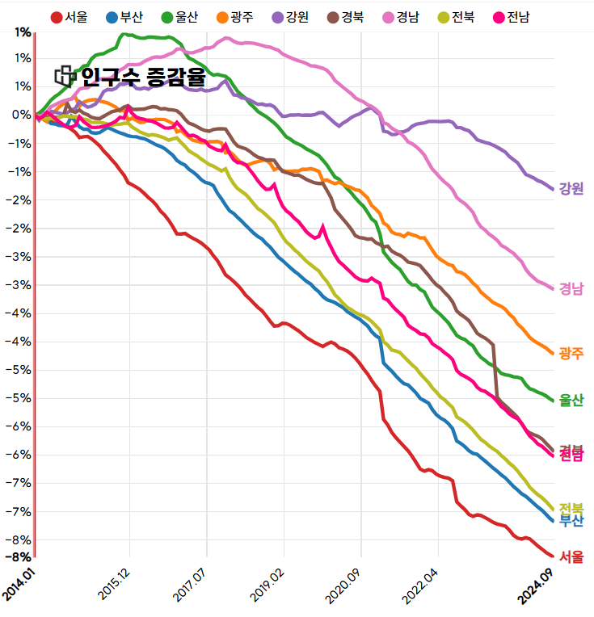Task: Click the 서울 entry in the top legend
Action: coord(70,17)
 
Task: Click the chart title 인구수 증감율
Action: coord(143,78)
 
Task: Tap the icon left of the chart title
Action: coord(65,77)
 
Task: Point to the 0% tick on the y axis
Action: coord(23,115)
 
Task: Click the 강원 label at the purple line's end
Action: coord(571,188)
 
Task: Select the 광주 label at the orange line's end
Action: coord(571,353)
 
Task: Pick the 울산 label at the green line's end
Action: coord(571,400)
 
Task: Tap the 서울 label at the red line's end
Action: coord(571,556)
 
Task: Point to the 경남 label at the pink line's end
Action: coord(571,288)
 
